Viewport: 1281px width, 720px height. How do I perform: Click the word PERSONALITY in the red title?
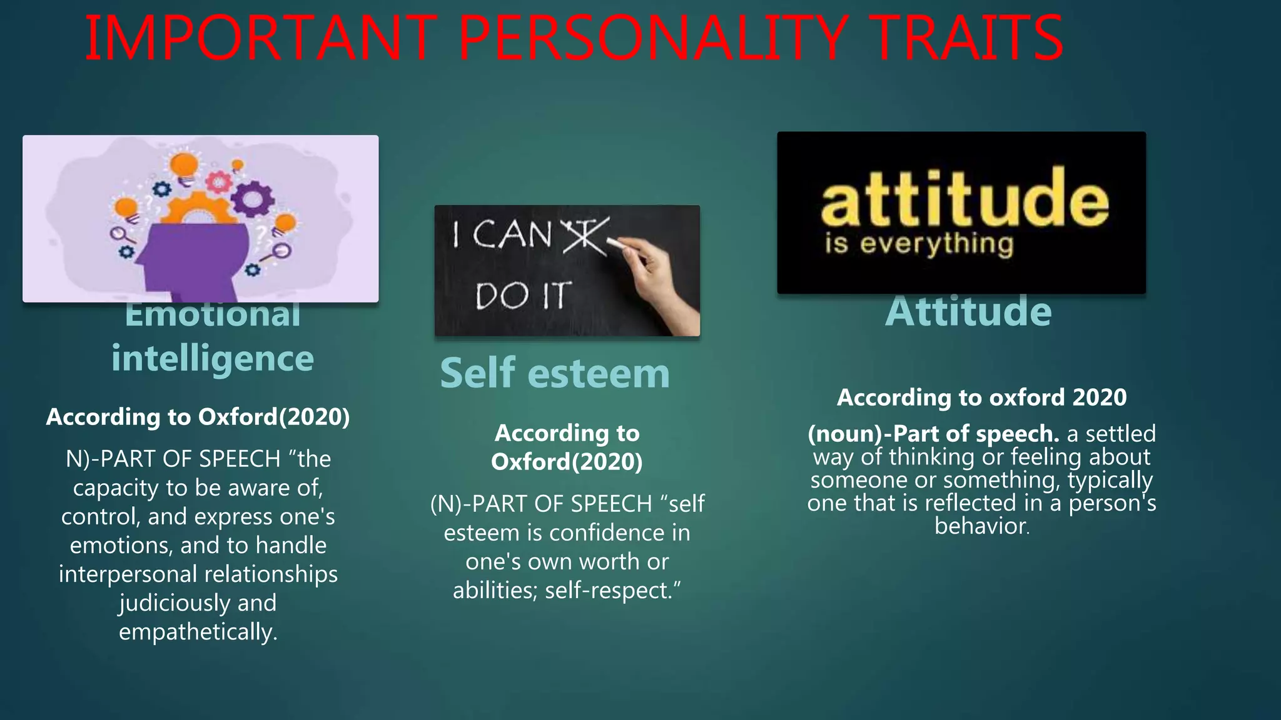(651, 39)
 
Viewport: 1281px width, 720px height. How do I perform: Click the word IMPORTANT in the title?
(260, 39)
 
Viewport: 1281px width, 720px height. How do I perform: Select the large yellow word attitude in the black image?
(965, 197)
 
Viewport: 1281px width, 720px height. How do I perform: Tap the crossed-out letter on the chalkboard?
(585, 236)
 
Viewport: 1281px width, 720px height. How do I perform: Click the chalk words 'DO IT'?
(523, 296)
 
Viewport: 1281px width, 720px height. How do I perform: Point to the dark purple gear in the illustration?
(252, 199)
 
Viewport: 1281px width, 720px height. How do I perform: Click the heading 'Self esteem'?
(555, 373)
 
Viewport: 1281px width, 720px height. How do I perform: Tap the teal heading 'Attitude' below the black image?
(968, 311)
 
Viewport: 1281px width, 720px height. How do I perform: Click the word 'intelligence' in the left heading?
(213, 359)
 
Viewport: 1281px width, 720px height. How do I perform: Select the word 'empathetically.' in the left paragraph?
(198, 632)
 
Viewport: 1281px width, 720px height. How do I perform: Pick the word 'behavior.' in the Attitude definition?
(981, 526)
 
